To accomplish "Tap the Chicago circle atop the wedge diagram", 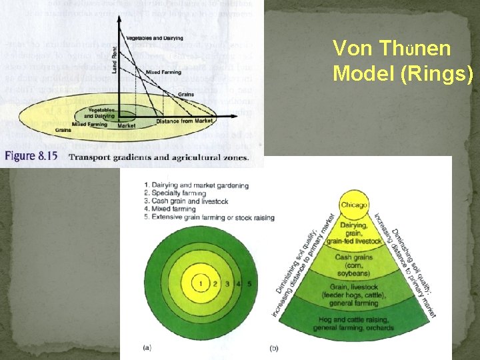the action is pos(354,205).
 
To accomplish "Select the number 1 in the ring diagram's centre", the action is pos(201,284).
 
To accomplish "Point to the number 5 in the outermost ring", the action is pos(249,284).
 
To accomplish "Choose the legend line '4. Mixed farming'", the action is pos(170,209).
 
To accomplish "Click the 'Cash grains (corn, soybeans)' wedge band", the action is pos(354,265).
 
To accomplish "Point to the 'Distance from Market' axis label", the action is pos(183,121).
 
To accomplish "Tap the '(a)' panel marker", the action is pos(147,347).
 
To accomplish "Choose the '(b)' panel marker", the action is pos(274,347).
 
